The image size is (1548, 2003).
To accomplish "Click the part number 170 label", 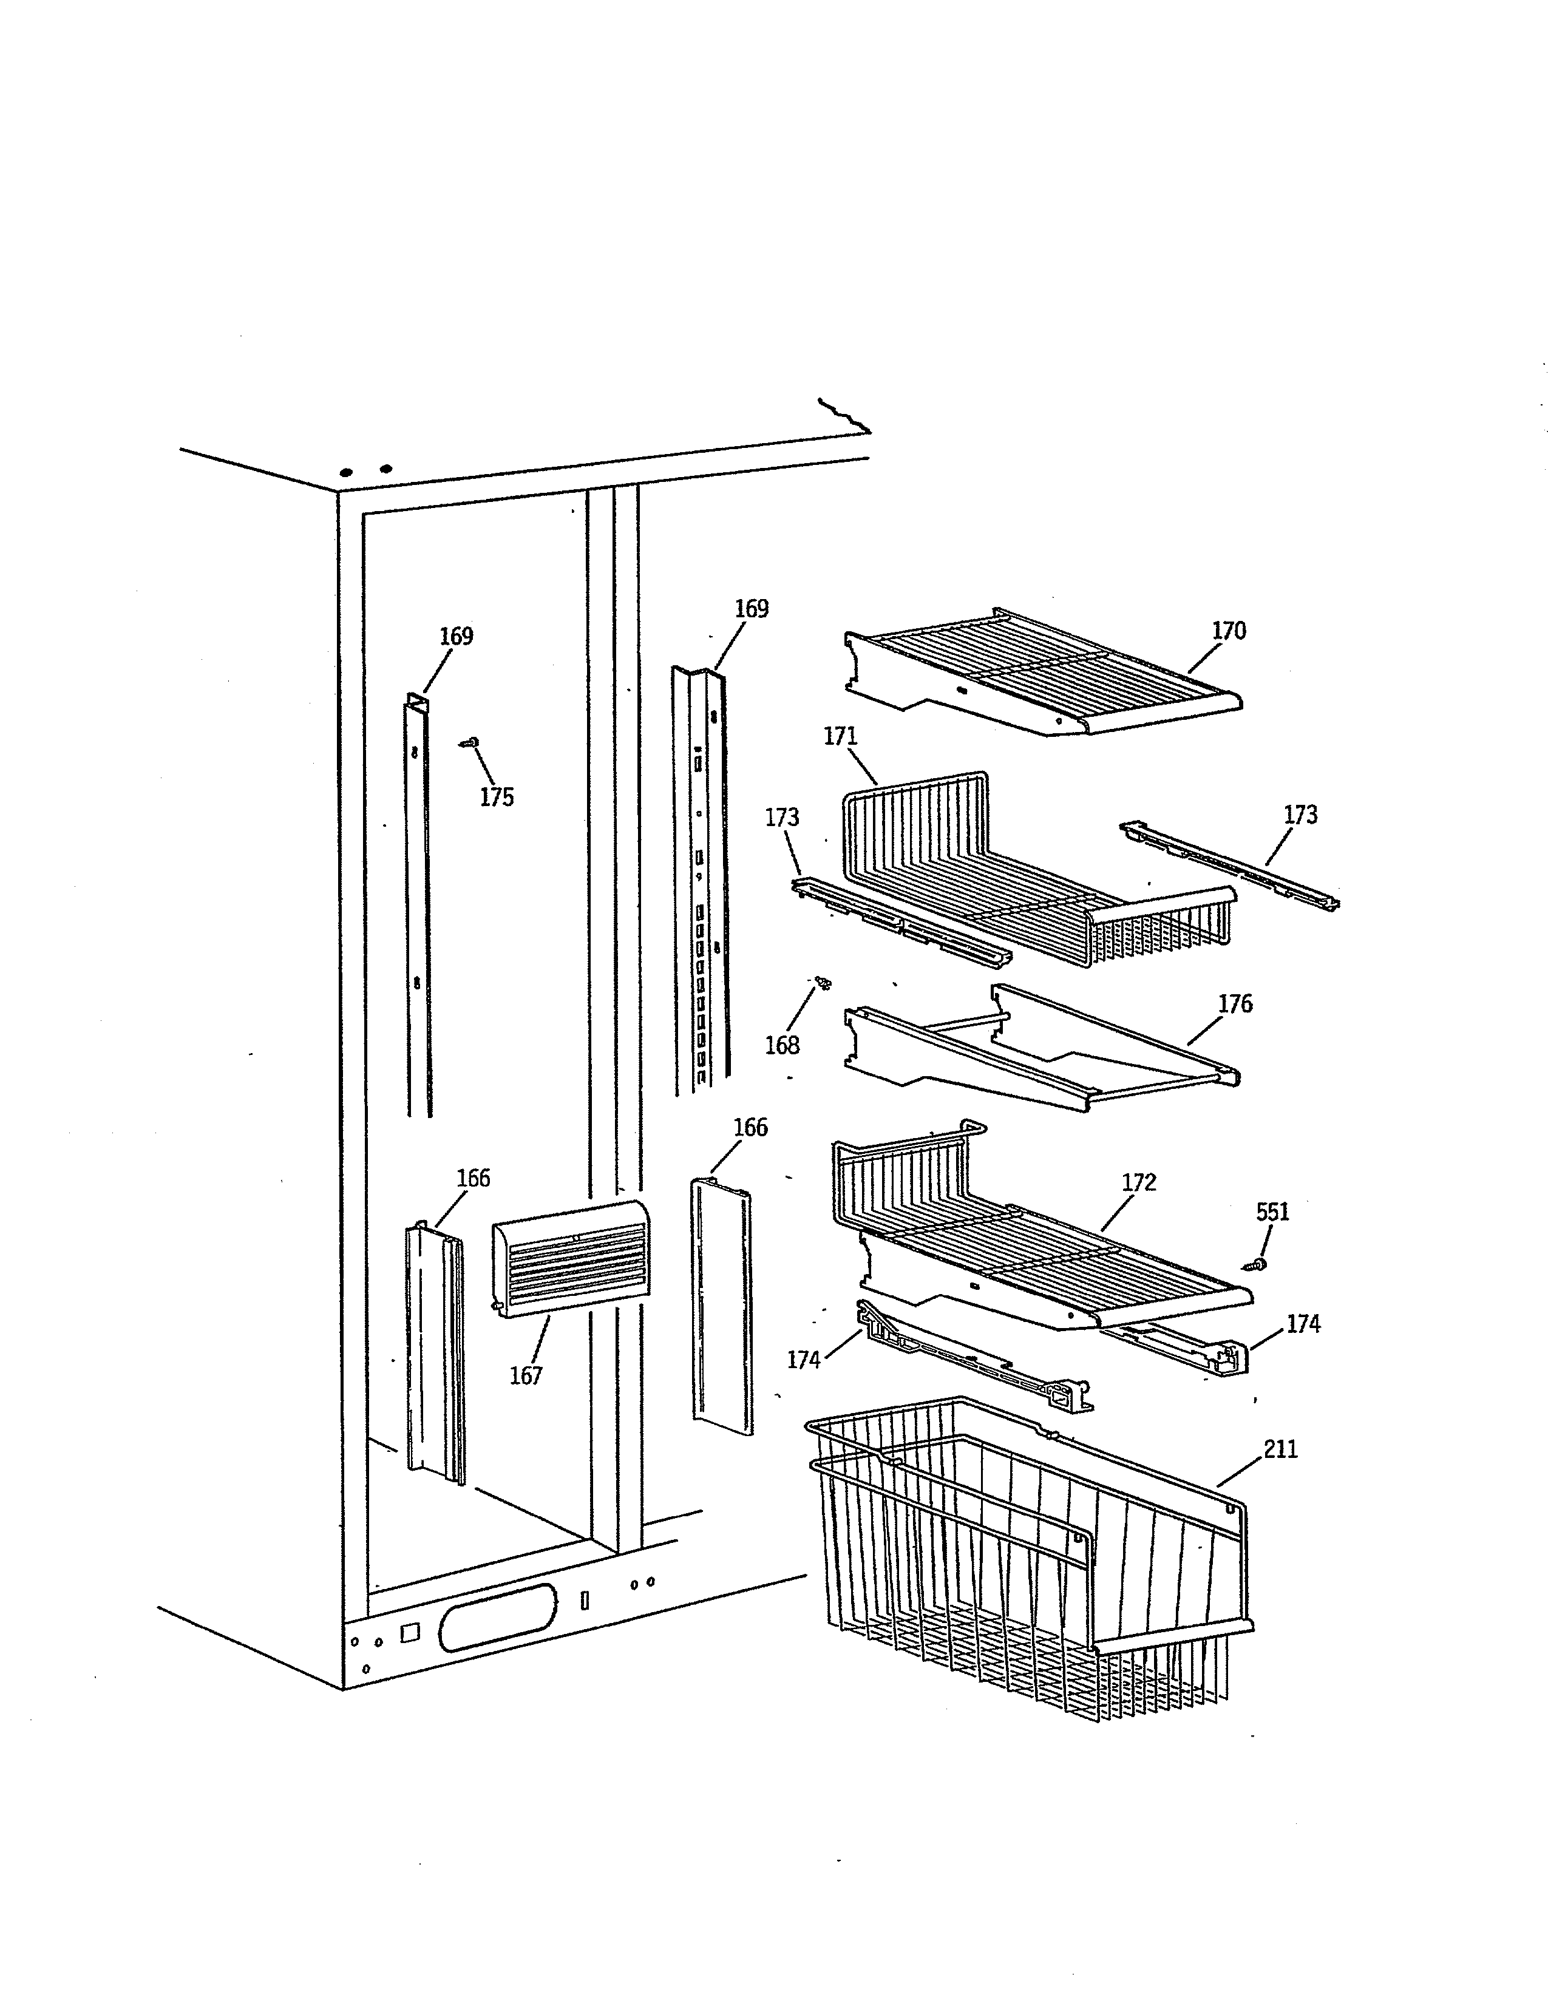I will coord(1229,631).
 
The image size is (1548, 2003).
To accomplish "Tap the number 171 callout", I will coord(840,736).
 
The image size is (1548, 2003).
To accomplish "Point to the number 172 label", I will coord(1139,1182).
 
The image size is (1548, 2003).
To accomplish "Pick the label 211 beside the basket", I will coord(1280,1449).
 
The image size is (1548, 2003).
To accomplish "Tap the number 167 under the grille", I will coord(526,1375).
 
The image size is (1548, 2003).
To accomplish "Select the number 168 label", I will coord(782,1046).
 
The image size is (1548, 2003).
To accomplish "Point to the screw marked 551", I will coord(1255,1265).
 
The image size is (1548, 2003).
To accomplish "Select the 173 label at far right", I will coord(1300,815).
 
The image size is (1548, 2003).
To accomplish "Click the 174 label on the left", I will coord(803,1360).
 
